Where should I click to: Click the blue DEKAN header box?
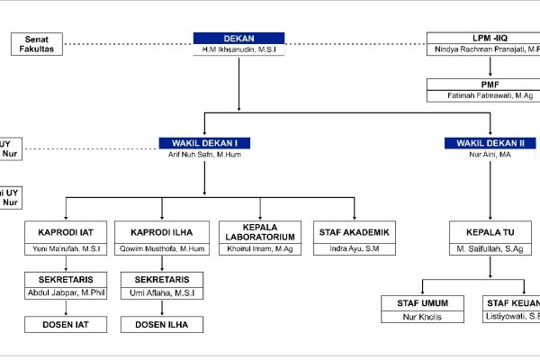click(238, 39)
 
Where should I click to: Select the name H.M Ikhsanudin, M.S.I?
click(238, 50)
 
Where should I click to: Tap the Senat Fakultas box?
click(38, 44)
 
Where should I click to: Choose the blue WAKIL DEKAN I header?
click(204, 142)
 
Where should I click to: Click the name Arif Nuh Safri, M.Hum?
click(204, 154)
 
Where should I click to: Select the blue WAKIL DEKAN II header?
click(490, 142)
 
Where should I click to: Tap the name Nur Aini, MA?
click(490, 154)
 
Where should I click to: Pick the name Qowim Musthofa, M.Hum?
click(162, 247)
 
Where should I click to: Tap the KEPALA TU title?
click(489, 231)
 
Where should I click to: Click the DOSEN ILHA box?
click(162, 324)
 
